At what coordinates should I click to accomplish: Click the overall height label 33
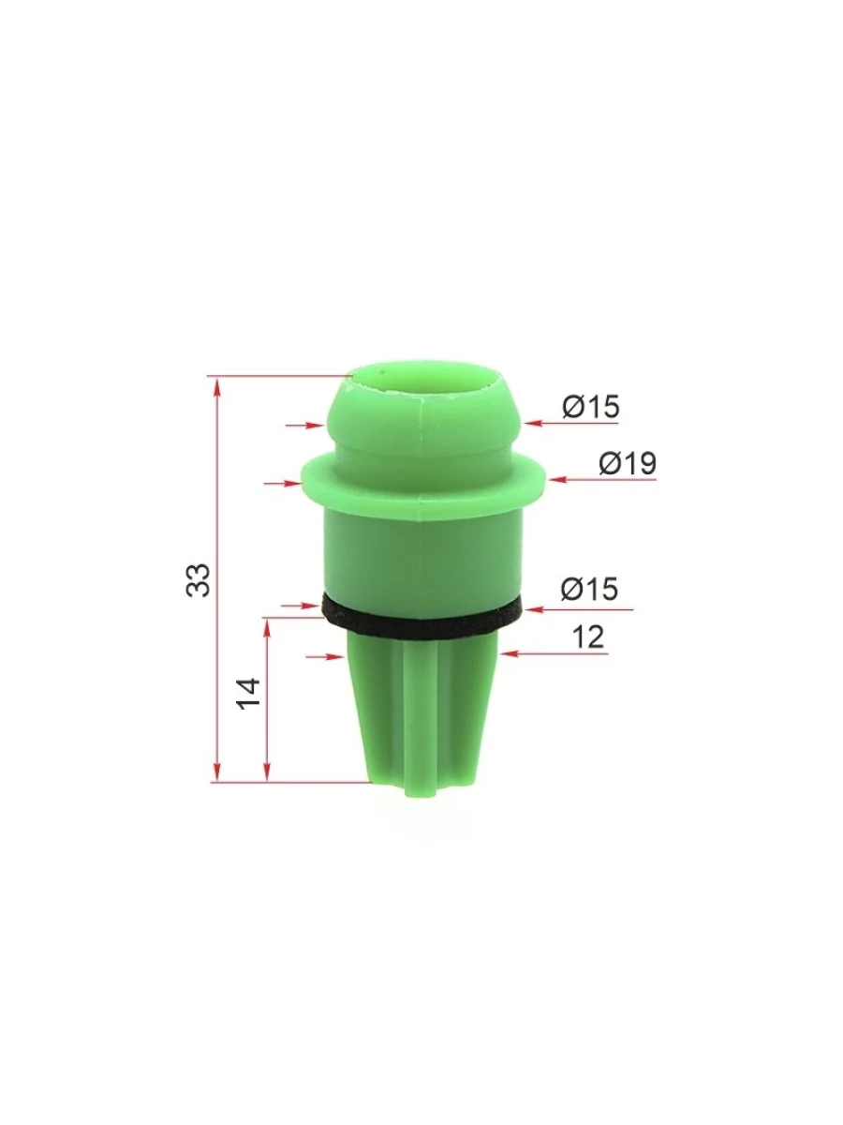(198, 579)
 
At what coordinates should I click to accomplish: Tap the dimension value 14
(248, 694)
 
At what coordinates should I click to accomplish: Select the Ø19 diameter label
(628, 463)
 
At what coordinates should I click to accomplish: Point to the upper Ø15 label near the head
(591, 407)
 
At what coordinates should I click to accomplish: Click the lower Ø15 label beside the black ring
(590, 589)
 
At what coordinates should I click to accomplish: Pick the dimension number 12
(588, 637)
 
